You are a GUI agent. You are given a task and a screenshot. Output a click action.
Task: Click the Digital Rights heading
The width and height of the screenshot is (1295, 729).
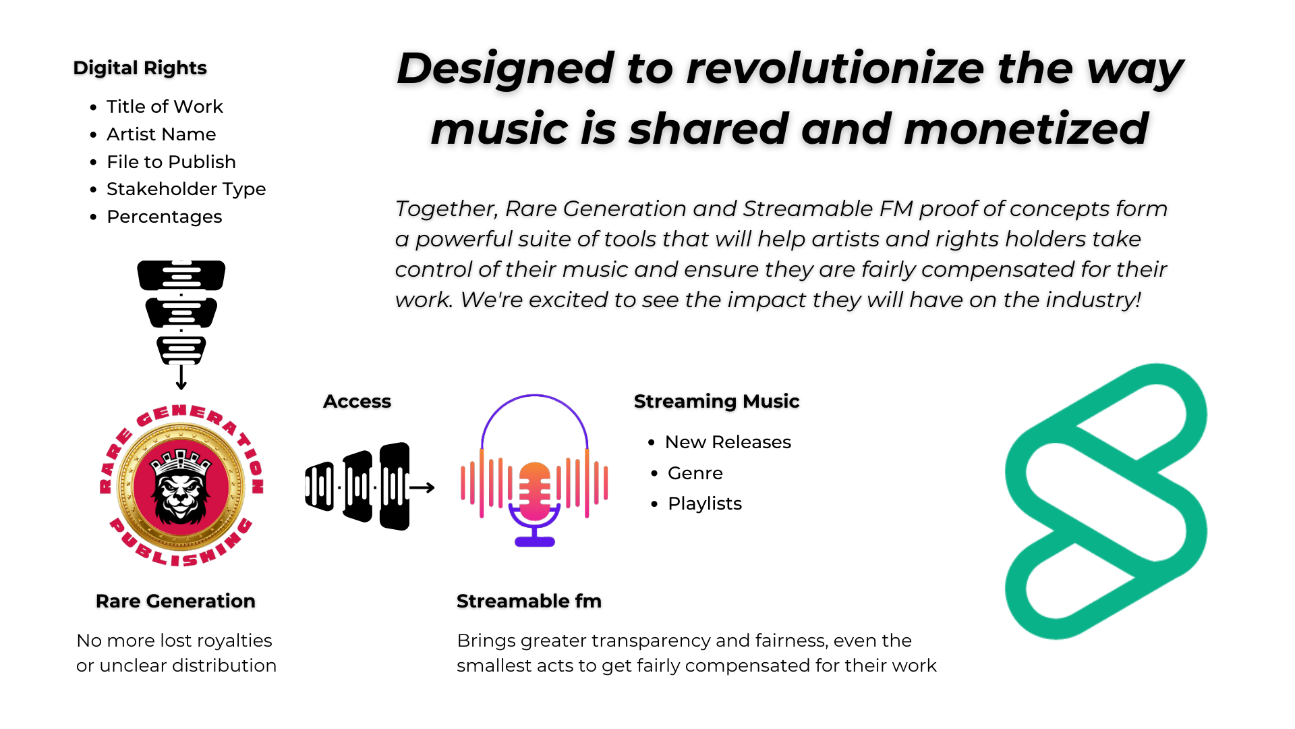[x=140, y=67]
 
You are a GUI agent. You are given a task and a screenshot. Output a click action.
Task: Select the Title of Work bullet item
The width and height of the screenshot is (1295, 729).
[x=165, y=107]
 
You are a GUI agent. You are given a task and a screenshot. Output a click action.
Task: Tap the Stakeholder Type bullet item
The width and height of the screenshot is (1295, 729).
[x=186, y=189]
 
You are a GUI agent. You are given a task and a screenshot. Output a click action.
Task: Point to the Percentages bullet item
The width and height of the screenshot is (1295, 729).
[x=165, y=217]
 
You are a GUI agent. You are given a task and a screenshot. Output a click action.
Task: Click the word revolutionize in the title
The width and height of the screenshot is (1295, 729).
[x=836, y=68]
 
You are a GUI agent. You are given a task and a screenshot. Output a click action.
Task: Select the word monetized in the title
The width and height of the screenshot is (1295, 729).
[x=1026, y=128]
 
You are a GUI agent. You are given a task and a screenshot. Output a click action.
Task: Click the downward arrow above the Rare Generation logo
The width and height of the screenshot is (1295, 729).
[x=181, y=378]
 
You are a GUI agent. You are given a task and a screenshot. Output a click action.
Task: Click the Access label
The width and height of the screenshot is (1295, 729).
[x=357, y=402]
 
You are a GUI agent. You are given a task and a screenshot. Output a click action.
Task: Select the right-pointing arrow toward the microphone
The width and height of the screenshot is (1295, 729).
[x=422, y=487]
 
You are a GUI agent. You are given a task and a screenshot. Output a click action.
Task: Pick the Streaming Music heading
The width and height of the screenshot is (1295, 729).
[x=716, y=402]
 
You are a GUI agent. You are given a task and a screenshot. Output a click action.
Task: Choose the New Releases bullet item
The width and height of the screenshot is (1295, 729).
[x=728, y=442]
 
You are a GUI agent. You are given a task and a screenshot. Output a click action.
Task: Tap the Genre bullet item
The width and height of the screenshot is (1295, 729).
[x=695, y=473]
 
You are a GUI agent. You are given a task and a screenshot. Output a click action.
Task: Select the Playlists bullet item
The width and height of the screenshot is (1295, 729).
[x=704, y=504]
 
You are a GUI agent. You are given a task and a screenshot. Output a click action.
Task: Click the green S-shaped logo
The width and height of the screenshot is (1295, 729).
[x=1106, y=501]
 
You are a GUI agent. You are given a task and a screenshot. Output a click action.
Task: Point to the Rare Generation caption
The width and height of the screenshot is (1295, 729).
[x=175, y=601]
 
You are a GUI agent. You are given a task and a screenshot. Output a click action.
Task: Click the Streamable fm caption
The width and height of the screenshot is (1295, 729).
[x=529, y=601]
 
